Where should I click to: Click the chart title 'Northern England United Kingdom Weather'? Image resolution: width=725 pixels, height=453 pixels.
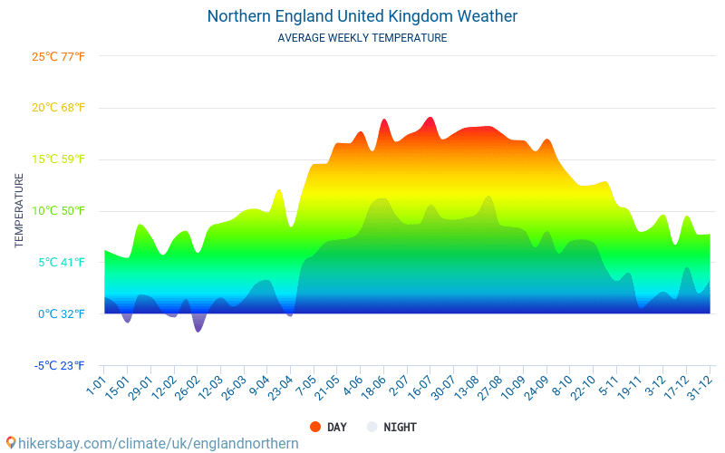tap(362, 16)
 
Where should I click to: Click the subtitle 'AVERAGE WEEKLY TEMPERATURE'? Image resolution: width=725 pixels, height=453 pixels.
tap(362, 38)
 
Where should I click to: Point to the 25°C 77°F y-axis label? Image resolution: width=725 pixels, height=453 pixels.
tap(58, 56)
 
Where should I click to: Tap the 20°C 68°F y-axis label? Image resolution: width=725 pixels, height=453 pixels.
tap(58, 108)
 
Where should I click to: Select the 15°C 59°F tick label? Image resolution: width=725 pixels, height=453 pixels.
tap(58, 159)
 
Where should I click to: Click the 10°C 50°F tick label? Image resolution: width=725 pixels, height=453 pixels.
tap(58, 211)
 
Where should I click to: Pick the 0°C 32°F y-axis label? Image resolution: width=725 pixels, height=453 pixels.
tap(62, 314)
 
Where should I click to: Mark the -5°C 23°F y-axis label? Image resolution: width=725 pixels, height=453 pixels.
tap(60, 366)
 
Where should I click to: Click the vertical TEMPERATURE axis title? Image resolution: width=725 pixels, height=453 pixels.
tap(19, 211)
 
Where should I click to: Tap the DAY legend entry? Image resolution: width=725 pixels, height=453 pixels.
tap(328, 427)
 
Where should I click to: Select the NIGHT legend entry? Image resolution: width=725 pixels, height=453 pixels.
tap(391, 427)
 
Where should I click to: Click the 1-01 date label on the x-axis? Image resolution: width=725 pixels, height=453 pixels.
tap(95, 384)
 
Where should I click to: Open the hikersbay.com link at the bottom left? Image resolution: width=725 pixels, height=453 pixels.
tap(152, 443)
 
